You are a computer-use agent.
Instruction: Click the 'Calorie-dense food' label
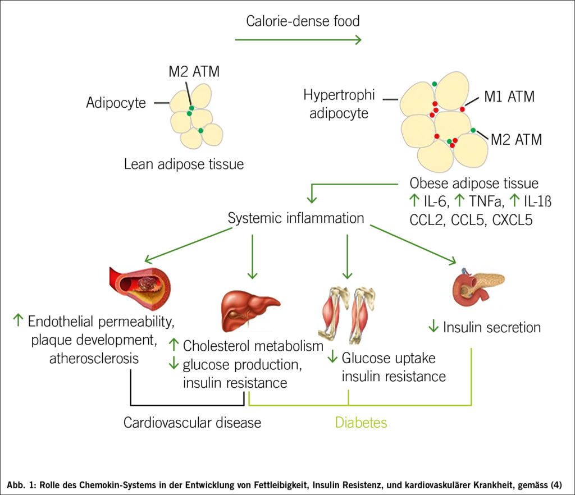(303, 22)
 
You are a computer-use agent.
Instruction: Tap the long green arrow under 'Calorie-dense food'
(298, 40)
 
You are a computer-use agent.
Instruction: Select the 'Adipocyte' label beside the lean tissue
(116, 103)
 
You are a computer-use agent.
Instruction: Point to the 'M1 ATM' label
(509, 97)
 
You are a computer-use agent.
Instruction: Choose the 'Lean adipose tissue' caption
(184, 164)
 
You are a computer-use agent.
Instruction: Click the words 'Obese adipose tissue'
(474, 184)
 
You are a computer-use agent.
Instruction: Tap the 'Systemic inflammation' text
(296, 218)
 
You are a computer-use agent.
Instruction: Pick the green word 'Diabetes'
(361, 422)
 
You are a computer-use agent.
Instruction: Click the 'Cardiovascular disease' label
(193, 422)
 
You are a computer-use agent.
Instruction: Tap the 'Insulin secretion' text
(492, 327)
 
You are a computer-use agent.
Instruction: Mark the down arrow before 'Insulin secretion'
(433, 327)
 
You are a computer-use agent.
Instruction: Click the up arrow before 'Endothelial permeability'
(18, 321)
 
